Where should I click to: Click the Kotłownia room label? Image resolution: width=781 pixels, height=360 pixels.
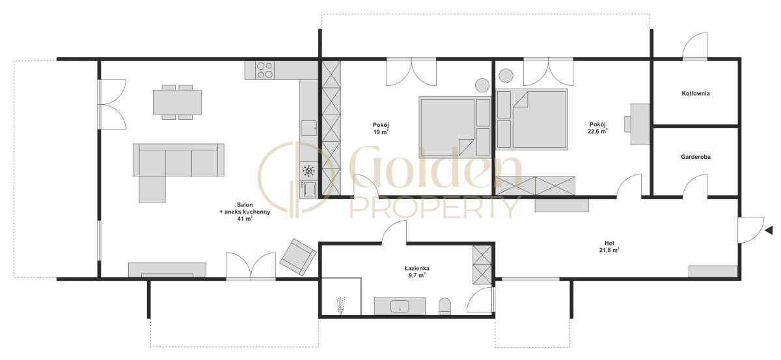pos(696,94)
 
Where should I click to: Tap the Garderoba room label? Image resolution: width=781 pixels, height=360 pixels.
pos(696,157)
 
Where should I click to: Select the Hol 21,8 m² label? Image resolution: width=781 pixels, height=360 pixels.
pos(609,247)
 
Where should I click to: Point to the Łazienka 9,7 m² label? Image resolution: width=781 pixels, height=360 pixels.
pos(417,271)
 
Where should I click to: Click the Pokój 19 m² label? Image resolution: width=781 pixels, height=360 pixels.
pos(381,128)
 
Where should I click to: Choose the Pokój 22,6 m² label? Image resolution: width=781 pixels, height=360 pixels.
pos(597,128)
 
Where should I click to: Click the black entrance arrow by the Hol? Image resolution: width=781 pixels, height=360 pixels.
pos(769,230)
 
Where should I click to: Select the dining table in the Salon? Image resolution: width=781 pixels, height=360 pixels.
pos(177,102)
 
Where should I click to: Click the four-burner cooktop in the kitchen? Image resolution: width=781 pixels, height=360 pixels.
pos(265,70)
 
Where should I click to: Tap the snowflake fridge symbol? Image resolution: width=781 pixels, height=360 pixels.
pos(308,171)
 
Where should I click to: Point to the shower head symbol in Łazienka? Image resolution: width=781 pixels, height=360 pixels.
pos(340,305)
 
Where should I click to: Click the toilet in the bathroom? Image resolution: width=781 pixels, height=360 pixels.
pos(445,307)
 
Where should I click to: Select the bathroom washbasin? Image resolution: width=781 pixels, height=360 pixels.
pos(400,306)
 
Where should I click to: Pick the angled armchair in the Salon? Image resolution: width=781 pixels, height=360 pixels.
pos(298,257)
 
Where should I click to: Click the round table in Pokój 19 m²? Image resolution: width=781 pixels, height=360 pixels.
pos(482,85)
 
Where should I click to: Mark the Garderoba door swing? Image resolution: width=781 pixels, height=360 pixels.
pos(695,186)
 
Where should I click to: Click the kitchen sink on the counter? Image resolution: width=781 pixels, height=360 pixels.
pos(308,128)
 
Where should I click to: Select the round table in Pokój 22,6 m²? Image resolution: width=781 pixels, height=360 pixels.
pos(506,76)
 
